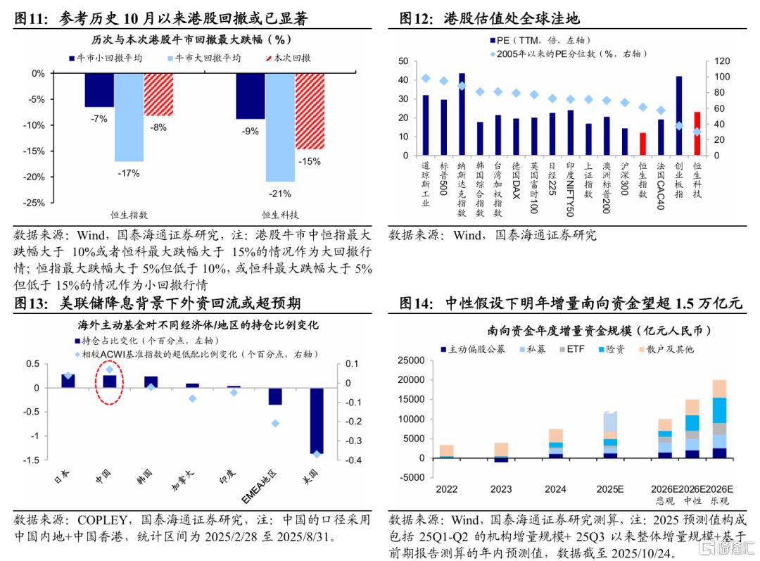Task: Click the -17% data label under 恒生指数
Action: (x=129, y=172)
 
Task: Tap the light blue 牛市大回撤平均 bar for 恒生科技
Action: (x=280, y=127)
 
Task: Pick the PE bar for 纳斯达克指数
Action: (x=462, y=113)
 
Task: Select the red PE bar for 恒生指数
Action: (x=642, y=143)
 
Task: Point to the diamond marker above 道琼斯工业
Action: (x=426, y=78)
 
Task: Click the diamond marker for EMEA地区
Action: (x=275, y=423)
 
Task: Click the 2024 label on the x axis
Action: (x=556, y=489)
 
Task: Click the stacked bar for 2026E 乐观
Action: (x=718, y=419)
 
